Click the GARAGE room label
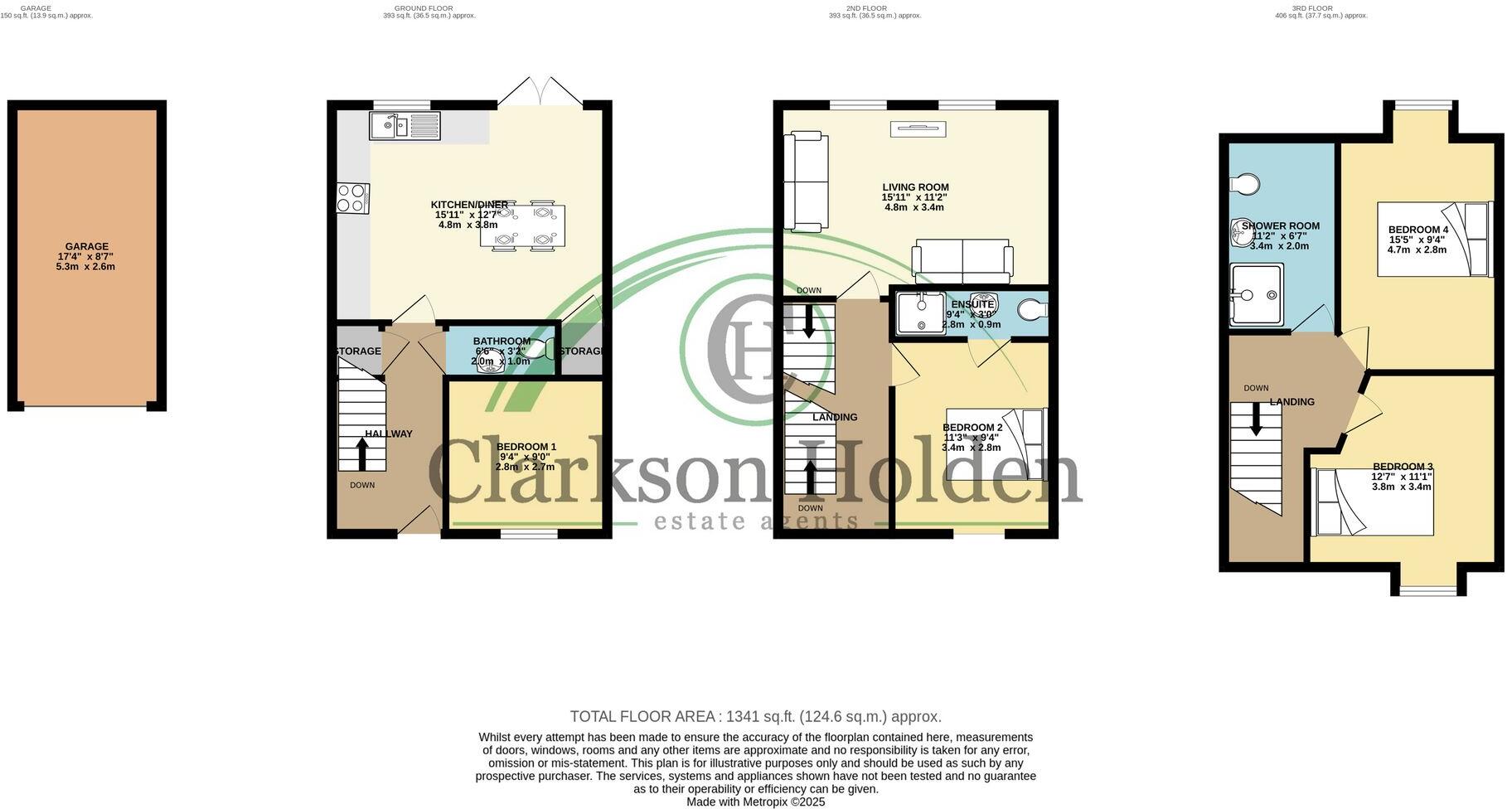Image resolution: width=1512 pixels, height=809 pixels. coord(87,246)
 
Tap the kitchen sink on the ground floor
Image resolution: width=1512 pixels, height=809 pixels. coord(405,126)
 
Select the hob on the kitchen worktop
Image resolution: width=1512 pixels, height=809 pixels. coord(352,197)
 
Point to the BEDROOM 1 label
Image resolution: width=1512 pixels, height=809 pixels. coord(526,447)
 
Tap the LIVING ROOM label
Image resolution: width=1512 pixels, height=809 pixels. coord(915,187)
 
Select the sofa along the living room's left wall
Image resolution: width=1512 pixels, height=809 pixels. coord(807,181)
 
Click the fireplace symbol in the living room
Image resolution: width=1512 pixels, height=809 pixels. coord(918,128)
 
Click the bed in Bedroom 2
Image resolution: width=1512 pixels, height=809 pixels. coord(995,443)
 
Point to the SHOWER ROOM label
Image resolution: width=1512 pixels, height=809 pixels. coord(1280,225)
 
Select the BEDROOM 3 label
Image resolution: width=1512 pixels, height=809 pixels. coord(1402,466)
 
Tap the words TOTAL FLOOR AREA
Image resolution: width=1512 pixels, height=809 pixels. coord(642,716)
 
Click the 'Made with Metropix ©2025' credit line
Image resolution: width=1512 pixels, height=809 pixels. coord(755,802)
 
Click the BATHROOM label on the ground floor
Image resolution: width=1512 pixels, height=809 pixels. coord(502,341)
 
